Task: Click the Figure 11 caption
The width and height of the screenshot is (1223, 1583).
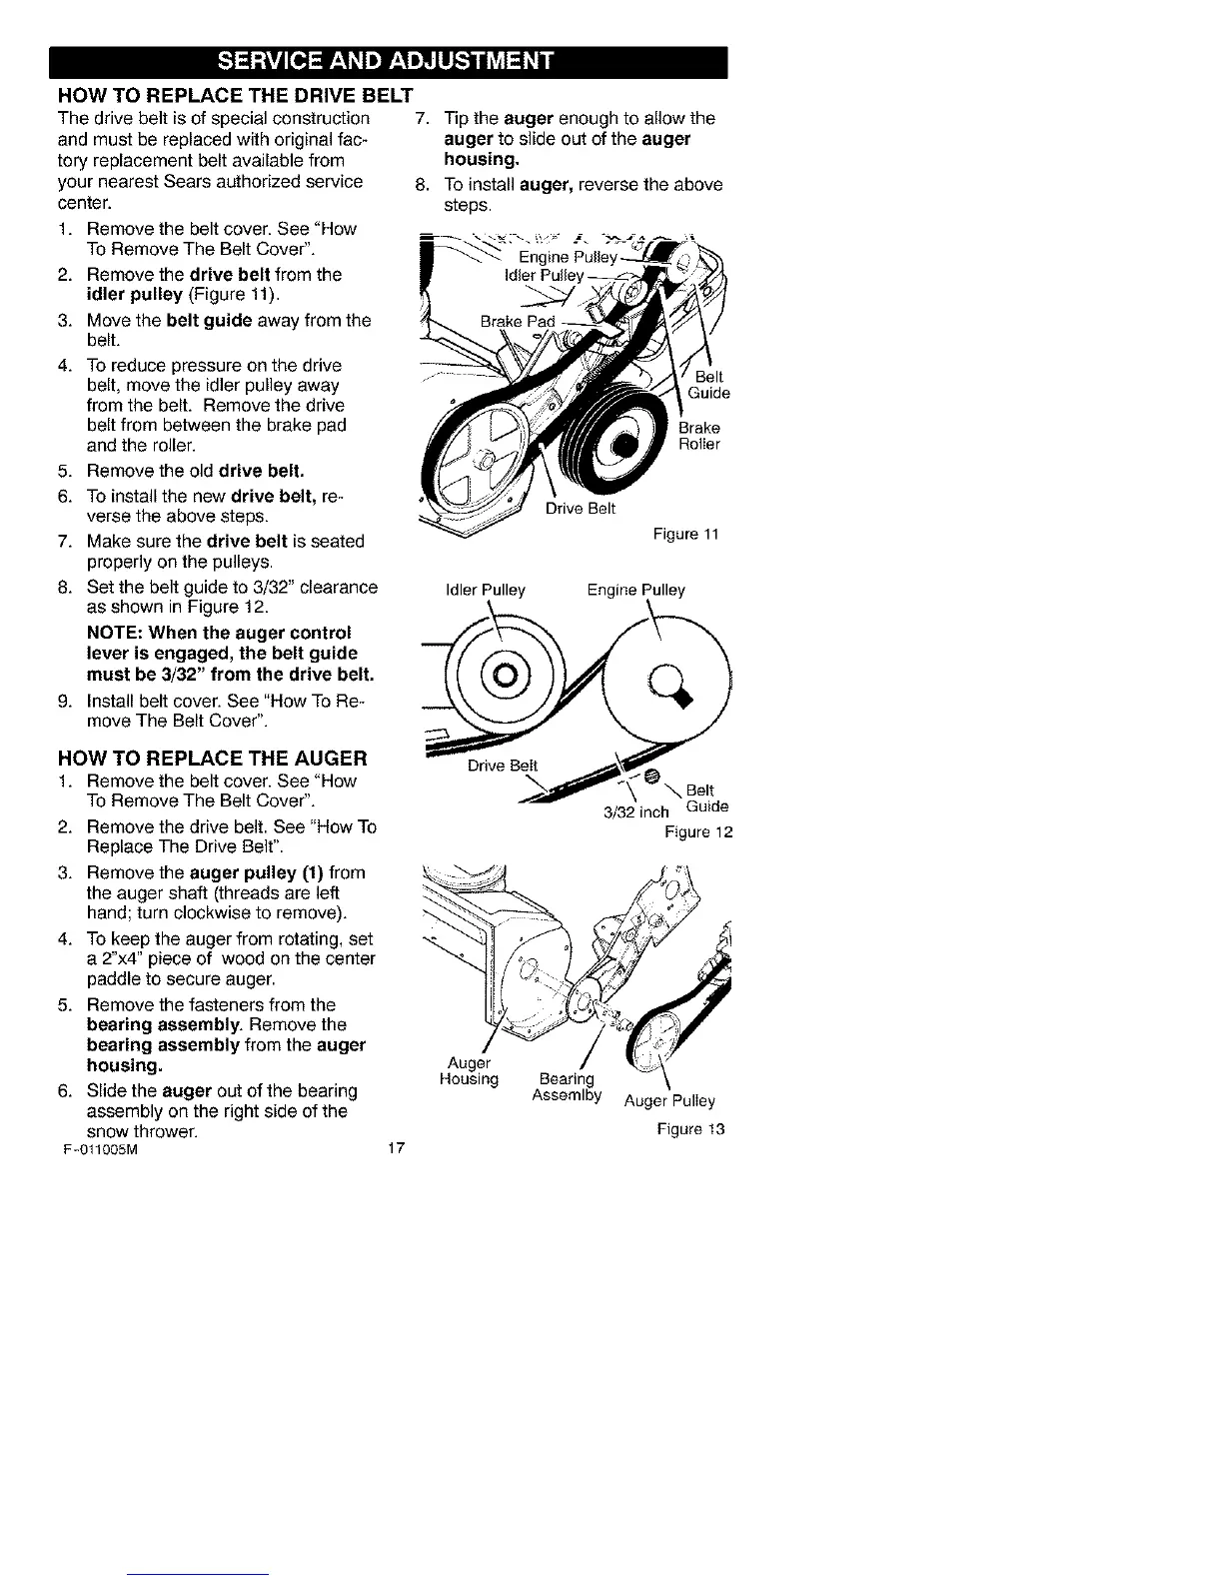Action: point(686,534)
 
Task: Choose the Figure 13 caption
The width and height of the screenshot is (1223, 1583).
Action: point(689,1129)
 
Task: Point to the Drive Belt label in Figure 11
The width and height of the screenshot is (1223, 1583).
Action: point(581,508)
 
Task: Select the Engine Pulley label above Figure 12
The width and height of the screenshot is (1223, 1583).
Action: point(636,590)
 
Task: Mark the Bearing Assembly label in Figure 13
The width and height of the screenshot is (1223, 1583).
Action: point(567,1086)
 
